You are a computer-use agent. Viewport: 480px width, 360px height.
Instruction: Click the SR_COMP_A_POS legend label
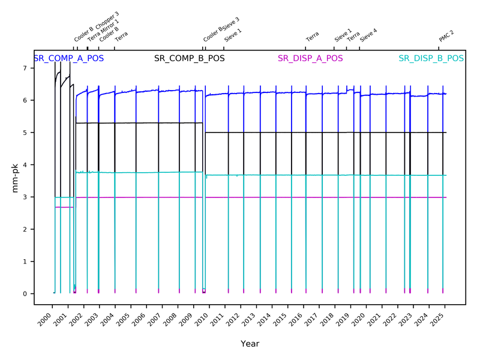pos(68,59)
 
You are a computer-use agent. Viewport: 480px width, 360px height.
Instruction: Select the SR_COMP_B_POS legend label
pos(190,59)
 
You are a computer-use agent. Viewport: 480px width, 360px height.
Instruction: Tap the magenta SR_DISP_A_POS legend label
pos(310,59)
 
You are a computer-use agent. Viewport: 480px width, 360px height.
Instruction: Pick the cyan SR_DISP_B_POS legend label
pos(431,59)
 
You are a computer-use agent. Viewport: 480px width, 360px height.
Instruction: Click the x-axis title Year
pos(250,344)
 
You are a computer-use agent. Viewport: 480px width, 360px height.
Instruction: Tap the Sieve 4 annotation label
pos(368,34)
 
